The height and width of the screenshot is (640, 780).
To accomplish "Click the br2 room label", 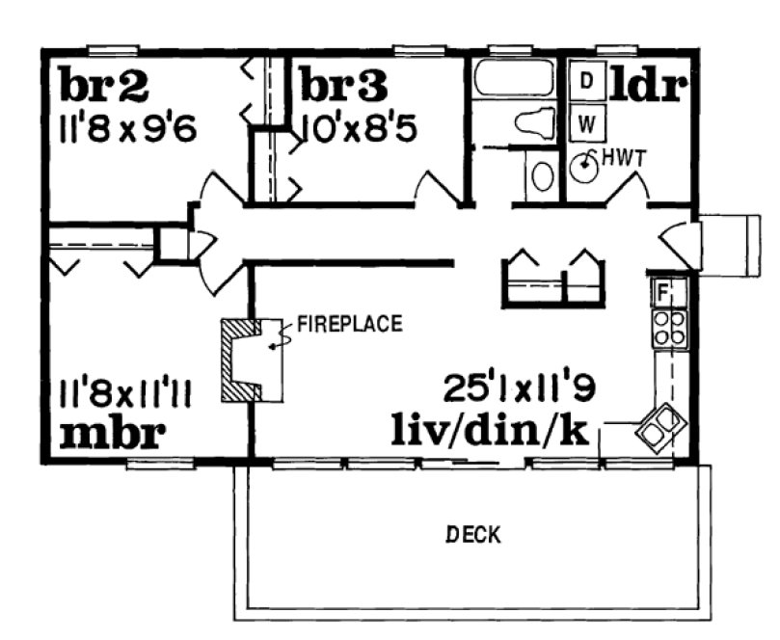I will [104, 85].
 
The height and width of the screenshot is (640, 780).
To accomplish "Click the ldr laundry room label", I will [649, 84].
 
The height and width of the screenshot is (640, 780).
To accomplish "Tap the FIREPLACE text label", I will [348, 323].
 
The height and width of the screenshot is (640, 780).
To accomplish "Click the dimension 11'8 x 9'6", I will [127, 127].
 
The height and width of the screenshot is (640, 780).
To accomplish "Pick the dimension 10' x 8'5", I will [360, 127].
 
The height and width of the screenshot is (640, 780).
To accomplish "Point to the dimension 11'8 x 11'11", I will [127, 393].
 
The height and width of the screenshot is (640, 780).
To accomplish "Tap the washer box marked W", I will [585, 122].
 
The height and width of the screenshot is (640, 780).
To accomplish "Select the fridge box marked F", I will [663, 289].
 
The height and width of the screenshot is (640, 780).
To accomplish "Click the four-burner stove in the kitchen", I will [669, 327].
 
